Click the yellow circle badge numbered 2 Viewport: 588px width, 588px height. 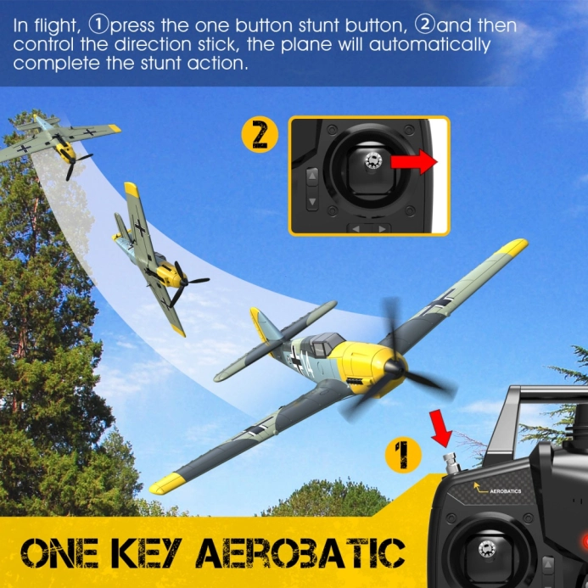point(260,136)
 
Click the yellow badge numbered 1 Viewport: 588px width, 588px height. point(404,456)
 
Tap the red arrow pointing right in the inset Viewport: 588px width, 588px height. point(417,162)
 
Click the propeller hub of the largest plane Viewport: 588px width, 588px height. point(393,369)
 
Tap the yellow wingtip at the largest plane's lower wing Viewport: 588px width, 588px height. point(167,484)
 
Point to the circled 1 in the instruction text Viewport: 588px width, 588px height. point(100,26)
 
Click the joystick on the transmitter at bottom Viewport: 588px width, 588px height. point(489,548)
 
